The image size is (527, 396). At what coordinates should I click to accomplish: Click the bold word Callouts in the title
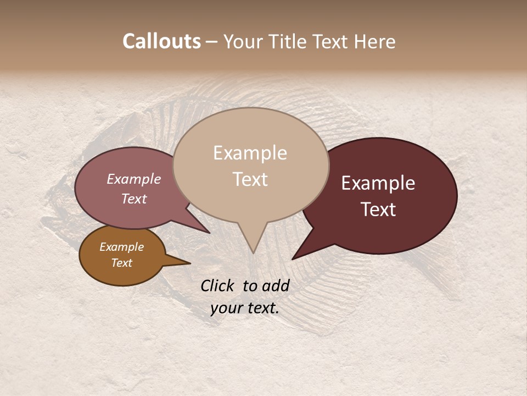click(161, 41)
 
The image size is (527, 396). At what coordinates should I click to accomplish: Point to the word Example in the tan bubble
click(250, 153)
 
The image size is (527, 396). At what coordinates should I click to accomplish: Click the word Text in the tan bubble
click(250, 179)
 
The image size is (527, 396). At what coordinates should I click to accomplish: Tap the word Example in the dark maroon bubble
click(378, 183)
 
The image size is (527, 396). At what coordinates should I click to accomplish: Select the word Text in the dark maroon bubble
click(378, 210)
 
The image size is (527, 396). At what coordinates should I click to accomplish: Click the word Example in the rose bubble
click(133, 179)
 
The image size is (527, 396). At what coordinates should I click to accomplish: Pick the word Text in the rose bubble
click(133, 199)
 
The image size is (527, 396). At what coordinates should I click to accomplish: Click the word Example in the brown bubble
click(121, 247)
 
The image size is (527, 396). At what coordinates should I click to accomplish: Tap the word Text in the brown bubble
click(121, 263)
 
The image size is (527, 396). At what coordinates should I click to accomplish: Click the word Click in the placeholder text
click(218, 285)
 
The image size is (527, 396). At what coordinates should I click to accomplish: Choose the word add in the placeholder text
click(276, 285)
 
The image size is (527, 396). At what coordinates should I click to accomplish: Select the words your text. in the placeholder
click(245, 307)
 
